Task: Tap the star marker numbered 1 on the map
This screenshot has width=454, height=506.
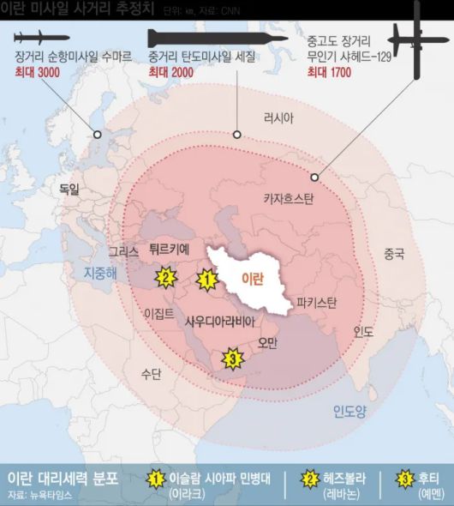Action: pyautogui.click(x=206, y=278)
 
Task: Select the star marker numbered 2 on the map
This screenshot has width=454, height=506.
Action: pyautogui.click(x=165, y=277)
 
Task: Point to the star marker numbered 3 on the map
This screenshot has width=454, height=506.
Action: pyautogui.click(x=230, y=358)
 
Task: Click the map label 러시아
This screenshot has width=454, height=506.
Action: pyautogui.click(x=281, y=118)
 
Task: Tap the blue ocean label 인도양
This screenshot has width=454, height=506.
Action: pyautogui.click(x=349, y=411)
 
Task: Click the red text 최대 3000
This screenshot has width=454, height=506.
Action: pyautogui.click(x=38, y=73)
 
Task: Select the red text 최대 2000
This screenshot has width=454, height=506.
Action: pyautogui.click(x=170, y=73)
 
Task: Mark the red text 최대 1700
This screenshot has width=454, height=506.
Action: pyautogui.click(x=330, y=73)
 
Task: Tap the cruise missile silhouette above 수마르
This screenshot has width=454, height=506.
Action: pyautogui.click(x=44, y=37)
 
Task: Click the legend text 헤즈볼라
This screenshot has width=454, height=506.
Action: pyautogui.click(x=340, y=477)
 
